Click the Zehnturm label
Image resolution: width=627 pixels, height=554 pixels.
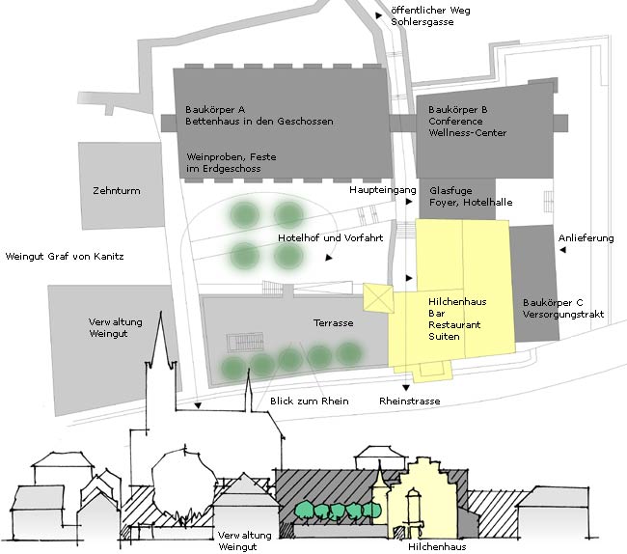[117, 191]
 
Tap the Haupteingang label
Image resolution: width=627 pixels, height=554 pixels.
[383, 190]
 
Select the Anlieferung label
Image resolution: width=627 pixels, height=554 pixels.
[586, 238]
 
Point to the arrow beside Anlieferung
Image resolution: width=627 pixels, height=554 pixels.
[562, 250]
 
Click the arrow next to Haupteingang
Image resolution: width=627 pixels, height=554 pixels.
[409, 202]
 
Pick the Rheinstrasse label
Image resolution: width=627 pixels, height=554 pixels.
[409, 401]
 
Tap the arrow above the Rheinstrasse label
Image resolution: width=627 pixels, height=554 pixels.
[406, 388]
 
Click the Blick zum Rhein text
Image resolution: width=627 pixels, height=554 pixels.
[309, 401]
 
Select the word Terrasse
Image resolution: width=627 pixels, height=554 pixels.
[333, 322]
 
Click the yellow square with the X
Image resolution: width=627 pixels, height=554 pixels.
[378, 297]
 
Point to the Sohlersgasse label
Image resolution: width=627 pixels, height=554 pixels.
[423, 21]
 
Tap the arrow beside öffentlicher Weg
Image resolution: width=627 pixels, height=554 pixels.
[378, 15]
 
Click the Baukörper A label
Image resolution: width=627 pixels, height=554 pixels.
[215, 110]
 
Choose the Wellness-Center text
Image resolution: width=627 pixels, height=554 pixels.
[468, 133]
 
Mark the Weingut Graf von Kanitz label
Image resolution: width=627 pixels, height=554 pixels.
[65, 257]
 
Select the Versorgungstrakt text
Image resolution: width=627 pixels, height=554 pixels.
[563, 315]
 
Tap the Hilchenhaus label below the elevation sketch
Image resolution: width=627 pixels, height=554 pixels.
[437, 546]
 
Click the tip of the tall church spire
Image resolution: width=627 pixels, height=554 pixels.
[161, 311]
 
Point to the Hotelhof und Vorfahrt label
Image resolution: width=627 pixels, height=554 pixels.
[330, 238]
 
